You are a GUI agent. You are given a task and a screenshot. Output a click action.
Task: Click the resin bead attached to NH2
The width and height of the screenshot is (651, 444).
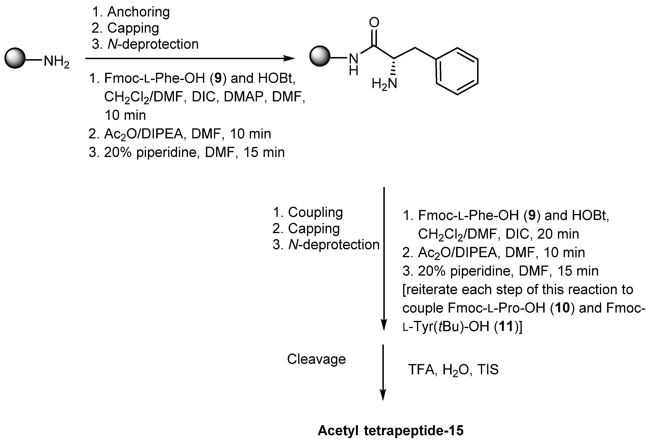point(15,58)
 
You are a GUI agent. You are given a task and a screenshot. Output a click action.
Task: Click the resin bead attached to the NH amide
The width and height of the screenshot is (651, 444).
point(320,56)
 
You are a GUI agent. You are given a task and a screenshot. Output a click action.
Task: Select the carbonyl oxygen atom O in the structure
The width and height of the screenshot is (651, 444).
point(374,22)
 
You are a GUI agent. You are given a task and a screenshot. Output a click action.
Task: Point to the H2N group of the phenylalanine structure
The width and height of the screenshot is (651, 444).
point(385,84)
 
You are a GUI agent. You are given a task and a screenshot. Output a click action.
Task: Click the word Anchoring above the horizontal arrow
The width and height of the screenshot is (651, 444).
point(138,12)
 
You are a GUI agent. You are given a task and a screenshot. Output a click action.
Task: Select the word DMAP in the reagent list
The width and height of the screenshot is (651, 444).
point(243,97)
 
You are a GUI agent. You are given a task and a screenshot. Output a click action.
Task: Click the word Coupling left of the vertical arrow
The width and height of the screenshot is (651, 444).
point(315,212)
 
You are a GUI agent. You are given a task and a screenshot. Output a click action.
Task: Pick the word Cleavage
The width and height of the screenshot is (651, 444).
point(316,359)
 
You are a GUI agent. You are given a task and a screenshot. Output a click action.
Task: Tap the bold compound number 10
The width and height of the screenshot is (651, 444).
point(562,308)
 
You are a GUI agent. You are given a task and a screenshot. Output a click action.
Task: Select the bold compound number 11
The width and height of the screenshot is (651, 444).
point(506,326)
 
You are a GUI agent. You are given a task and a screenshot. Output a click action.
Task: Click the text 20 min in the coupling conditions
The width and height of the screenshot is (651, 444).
point(558,234)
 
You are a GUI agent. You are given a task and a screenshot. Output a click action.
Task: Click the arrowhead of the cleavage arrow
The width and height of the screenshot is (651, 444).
point(383,395)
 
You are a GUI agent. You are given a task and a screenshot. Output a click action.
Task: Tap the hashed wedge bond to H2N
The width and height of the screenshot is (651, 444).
point(394,67)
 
